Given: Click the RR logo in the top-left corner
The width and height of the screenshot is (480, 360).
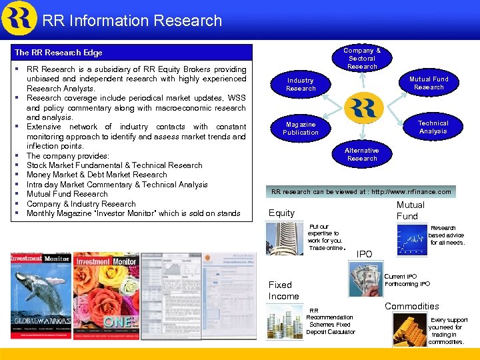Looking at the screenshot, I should [x=19, y=18].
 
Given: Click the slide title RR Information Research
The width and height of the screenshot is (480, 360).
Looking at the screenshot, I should [x=132, y=21].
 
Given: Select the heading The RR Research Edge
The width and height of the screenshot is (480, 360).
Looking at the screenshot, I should [x=59, y=52].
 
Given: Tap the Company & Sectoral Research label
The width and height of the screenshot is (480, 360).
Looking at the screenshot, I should [x=362, y=58].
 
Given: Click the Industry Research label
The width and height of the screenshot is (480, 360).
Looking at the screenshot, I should [x=301, y=84].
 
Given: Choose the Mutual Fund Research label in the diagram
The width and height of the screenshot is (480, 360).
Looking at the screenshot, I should [x=429, y=83].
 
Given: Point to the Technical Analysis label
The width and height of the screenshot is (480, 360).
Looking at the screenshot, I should [x=433, y=127].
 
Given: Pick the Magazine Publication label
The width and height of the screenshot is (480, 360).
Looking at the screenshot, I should [x=301, y=128].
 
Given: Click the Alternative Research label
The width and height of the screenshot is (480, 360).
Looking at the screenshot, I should [x=362, y=154].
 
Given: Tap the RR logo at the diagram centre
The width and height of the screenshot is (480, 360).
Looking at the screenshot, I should [x=365, y=107].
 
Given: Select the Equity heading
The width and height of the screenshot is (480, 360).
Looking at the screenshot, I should [x=281, y=213].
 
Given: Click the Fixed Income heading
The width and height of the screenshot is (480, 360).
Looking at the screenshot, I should [x=283, y=290].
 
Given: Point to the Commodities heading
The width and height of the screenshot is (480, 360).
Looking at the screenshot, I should [x=411, y=306].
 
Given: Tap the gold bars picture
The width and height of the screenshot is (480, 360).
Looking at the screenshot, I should [x=409, y=329].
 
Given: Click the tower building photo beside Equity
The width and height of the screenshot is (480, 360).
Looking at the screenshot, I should [x=284, y=239].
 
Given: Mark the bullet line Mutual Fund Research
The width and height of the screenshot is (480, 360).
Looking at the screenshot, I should [x=67, y=194].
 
